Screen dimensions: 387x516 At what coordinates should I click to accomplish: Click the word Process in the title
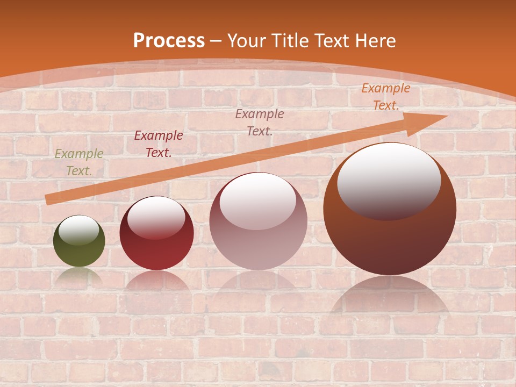coord(169,41)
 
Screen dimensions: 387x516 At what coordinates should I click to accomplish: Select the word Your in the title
coord(244,41)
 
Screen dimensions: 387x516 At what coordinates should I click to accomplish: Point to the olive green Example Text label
coord(79,162)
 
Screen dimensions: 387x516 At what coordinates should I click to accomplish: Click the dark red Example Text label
coord(158,144)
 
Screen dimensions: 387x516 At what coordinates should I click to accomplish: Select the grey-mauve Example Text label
coord(260,122)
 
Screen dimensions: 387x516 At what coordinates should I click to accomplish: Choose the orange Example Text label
coord(385,97)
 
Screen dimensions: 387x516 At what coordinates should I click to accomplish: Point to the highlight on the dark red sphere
coord(156,217)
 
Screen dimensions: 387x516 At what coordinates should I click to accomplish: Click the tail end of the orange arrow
coord(48,200)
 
